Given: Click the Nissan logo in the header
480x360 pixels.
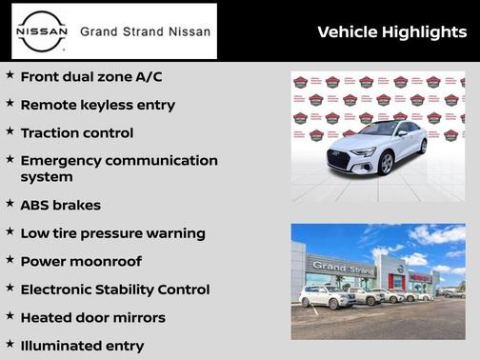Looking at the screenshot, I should point(44,31).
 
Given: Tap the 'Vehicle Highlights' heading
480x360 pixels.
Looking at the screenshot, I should point(391,32).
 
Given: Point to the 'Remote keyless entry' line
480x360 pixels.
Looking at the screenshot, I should point(97,105).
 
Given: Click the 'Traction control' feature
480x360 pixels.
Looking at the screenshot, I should point(76,133).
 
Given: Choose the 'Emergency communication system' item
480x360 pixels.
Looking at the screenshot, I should point(118,169).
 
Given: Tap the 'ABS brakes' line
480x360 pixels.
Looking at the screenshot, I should point(60,205).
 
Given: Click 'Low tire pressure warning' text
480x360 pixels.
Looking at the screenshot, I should point(112,233).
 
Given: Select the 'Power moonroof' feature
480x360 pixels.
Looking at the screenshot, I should point(80,261).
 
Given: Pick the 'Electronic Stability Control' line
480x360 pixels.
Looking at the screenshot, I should point(114,290).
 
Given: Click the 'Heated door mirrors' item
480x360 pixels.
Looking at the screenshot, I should point(92,318).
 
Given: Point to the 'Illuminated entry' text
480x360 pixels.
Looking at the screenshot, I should point(82,346).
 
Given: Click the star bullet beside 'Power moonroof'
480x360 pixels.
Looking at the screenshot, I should point(10,260).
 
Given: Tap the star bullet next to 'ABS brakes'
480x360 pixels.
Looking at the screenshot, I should point(10,204).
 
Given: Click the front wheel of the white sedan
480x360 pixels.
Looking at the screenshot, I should point(386,164).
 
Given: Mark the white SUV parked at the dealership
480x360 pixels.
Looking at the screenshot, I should point(326,296).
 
